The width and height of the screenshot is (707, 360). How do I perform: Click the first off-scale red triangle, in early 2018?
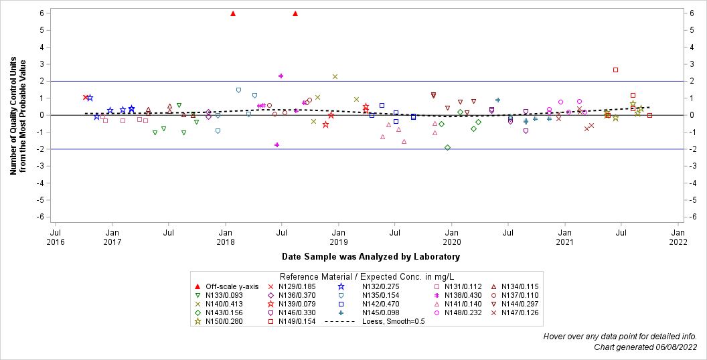pyautogui.click(x=233, y=13)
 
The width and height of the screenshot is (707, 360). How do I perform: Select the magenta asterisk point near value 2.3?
pyautogui.click(x=281, y=76)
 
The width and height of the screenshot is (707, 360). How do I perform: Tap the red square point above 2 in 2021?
pyautogui.click(x=615, y=70)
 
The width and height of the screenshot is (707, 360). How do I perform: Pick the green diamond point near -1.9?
pyautogui.click(x=447, y=148)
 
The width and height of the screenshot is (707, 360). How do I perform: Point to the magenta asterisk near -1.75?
pyautogui.click(x=277, y=145)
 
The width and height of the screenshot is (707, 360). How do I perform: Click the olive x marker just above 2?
pyautogui.click(x=335, y=77)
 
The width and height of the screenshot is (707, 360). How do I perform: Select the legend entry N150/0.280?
pyautogui.click(x=225, y=321)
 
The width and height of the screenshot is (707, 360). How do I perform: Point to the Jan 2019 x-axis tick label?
pyautogui.click(x=339, y=236)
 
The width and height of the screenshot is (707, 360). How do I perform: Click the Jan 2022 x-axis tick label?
pyautogui.click(x=678, y=236)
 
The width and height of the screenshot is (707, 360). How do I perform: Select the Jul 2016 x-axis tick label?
pyautogui.click(x=56, y=236)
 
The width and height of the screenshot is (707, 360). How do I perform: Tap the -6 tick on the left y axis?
pyautogui.click(x=41, y=217)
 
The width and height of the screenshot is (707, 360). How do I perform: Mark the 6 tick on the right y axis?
pyautogui.click(x=697, y=13)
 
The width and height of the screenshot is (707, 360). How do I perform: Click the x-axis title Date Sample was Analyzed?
pyautogui.click(x=370, y=256)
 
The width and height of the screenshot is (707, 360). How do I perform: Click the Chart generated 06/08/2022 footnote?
pyautogui.click(x=645, y=347)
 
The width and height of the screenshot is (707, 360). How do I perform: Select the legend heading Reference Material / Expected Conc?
pyautogui.click(x=366, y=276)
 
